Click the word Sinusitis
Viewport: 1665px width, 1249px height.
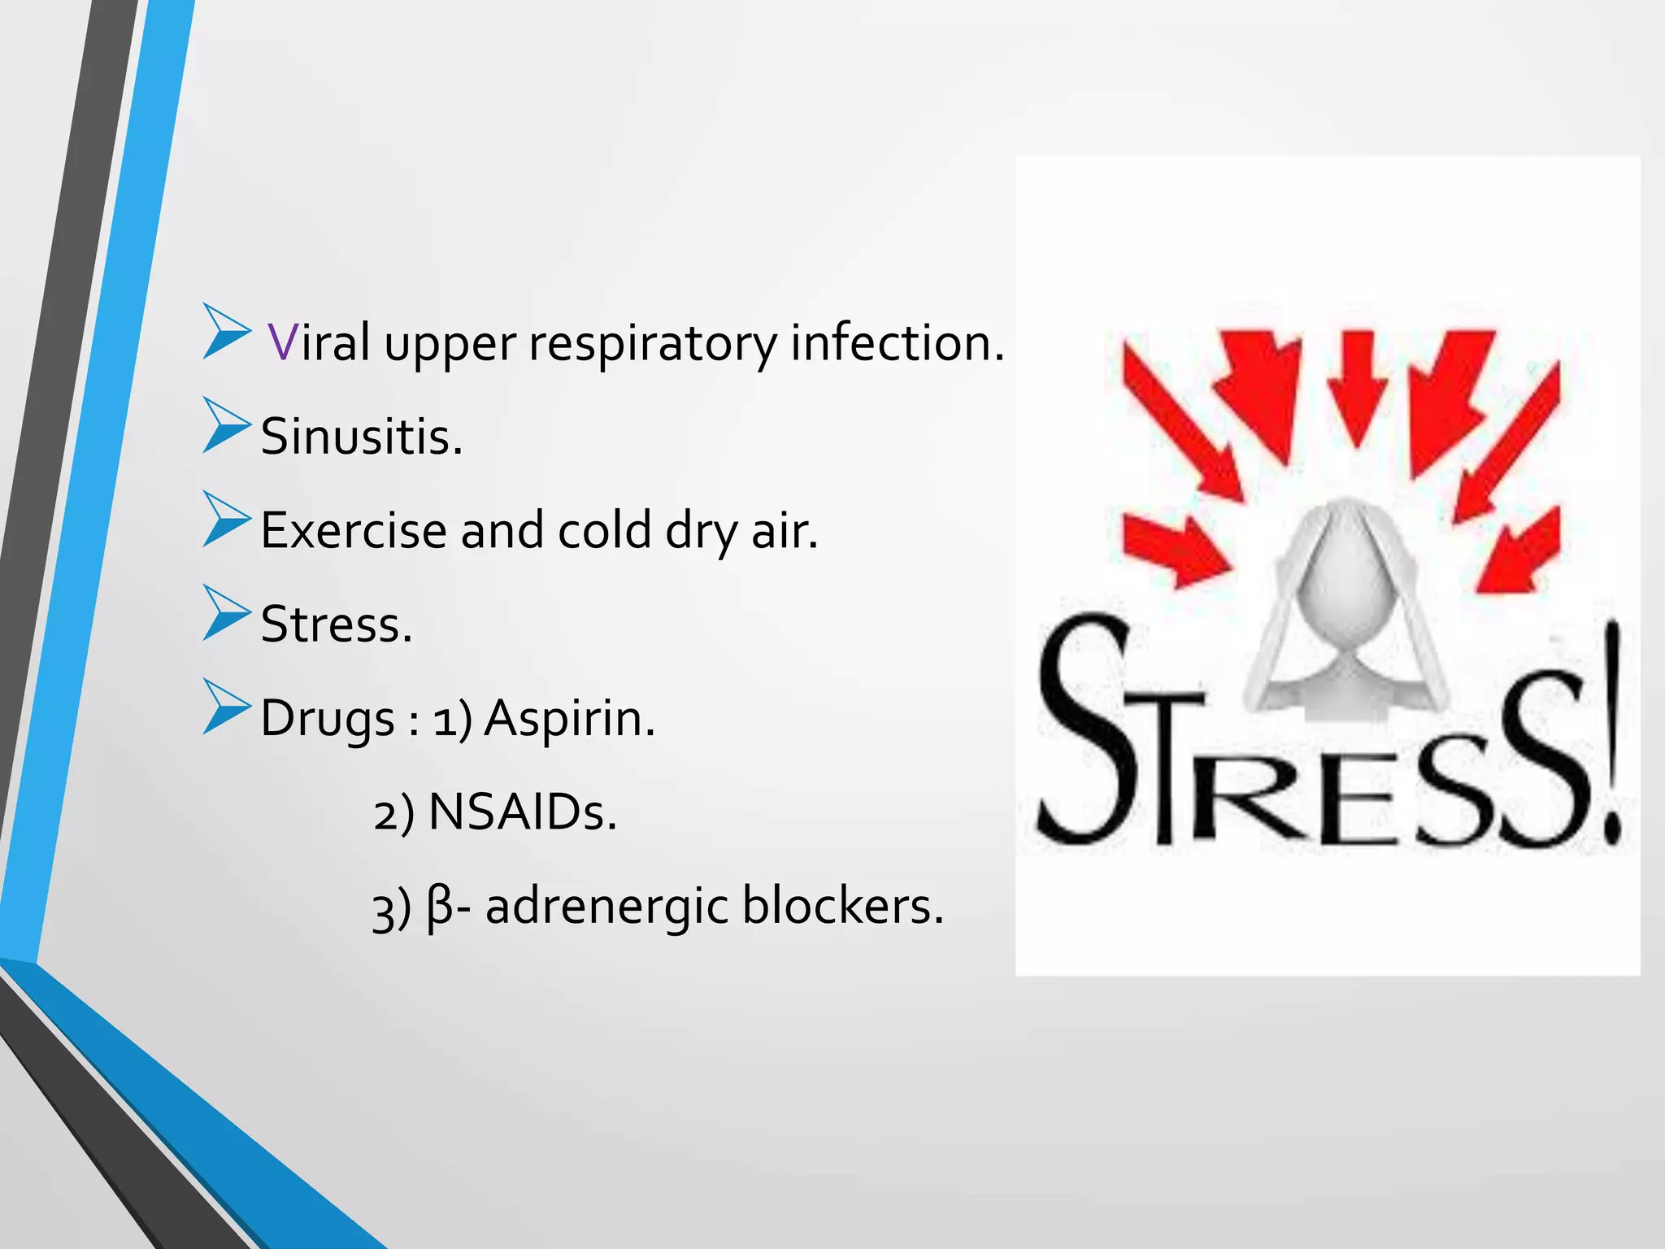tap(361, 437)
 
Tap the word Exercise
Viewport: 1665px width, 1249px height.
tap(354, 531)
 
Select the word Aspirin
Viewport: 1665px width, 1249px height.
tap(569, 719)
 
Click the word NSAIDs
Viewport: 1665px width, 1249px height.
tap(522, 812)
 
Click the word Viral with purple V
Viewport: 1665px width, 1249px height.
tap(319, 342)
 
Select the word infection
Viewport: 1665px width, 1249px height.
tap(897, 342)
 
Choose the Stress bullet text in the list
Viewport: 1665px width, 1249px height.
tap(337, 625)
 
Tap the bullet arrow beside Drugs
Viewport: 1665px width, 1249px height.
tap(225, 707)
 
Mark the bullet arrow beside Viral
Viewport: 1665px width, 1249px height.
tap(225, 331)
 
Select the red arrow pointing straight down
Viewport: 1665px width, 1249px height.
tap(1357, 386)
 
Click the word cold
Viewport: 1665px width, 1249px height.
tap(604, 531)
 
